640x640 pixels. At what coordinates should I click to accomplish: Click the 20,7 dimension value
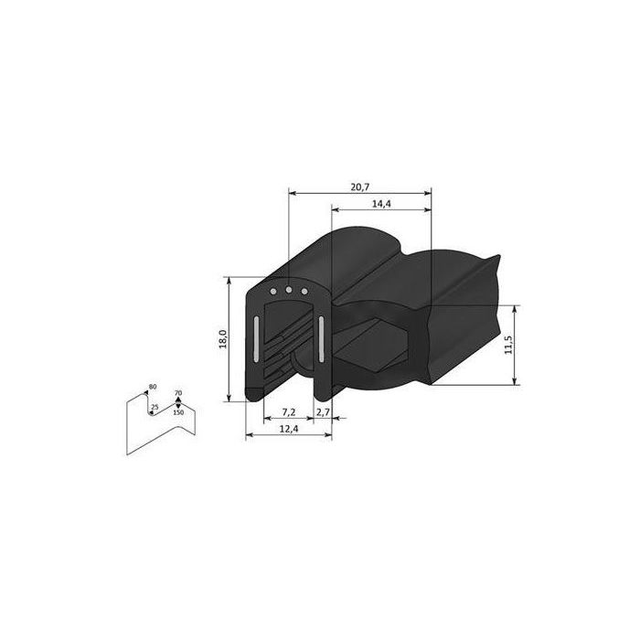pyautogui.click(x=359, y=187)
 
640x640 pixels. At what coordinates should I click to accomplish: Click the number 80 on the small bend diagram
pyautogui.click(x=152, y=388)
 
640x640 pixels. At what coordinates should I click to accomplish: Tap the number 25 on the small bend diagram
pyautogui.click(x=155, y=407)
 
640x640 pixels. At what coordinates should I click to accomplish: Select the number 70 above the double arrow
pyautogui.click(x=178, y=393)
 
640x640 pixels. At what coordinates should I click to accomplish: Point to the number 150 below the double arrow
pyautogui.click(x=178, y=413)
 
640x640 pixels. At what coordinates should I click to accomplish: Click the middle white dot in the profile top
pyautogui.click(x=289, y=292)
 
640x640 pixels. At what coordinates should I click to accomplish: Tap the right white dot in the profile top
pyautogui.click(x=304, y=292)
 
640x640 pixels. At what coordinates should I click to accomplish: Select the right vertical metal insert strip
pyautogui.click(x=322, y=338)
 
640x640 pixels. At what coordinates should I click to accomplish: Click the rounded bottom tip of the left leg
pyautogui.click(x=256, y=395)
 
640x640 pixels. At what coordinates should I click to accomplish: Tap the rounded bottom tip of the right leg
pyautogui.click(x=323, y=395)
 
